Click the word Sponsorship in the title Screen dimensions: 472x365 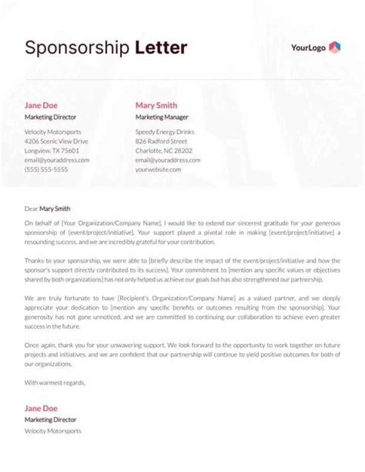77,48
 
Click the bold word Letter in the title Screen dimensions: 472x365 161,48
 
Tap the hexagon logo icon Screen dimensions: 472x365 335,48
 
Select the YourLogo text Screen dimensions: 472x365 308,48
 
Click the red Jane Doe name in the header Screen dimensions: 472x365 41,105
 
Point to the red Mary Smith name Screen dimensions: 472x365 156,105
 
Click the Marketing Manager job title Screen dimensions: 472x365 162,117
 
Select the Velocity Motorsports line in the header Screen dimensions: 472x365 53,132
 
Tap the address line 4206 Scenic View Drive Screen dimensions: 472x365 56,141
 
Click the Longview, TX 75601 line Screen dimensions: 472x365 52,151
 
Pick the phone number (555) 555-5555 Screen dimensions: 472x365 46,169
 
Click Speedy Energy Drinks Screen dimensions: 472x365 165,132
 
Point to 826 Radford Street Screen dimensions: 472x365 161,141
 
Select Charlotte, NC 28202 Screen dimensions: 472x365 164,151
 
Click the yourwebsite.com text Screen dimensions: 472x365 158,169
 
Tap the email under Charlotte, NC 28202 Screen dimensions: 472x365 168,160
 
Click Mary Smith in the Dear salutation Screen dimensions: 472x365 55,208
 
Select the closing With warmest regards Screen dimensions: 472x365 55,383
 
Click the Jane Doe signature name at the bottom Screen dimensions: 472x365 41,408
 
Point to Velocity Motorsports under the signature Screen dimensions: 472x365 53,431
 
